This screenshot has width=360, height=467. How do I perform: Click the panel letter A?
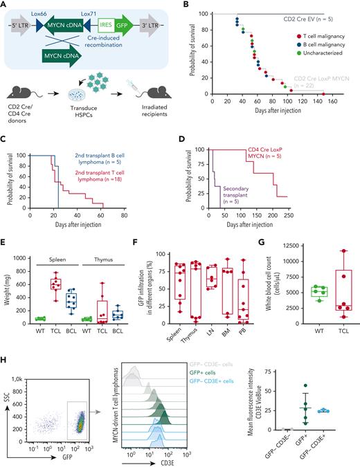pos(6,6)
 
